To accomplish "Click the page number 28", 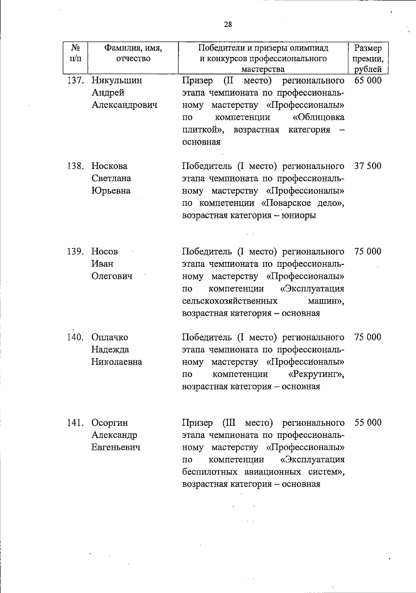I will pyautogui.click(x=228, y=24).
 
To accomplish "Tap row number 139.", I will pyautogui.click(x=75, y=251).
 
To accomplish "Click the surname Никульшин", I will pyautogui.click(x=117, y=80).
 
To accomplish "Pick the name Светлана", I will pyautogui.click(x=111, y=178).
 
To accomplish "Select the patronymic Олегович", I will pyautogui.click(x=112, y=276).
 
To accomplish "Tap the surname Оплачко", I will pyautogui.click(x=110, y=337).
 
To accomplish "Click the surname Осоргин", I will pyautogui.click(x=110, y=422).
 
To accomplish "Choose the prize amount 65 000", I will pyautogui.click(x=368, y=80).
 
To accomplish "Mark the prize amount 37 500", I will pyautogui.click(x=368, y=166).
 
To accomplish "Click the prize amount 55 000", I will pyautogui.click(x=368, y=422).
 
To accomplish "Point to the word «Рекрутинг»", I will pyautogui.click(x=316, y=374).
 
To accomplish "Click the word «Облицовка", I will pyautogui.click(x=319, y=117).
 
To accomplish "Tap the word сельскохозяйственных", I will pyautogui.click(x=229, y=300).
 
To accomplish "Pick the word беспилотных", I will pyautogui.click(x=210, y=472).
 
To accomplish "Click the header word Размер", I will pyautogui.click(x=368, y=48).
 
